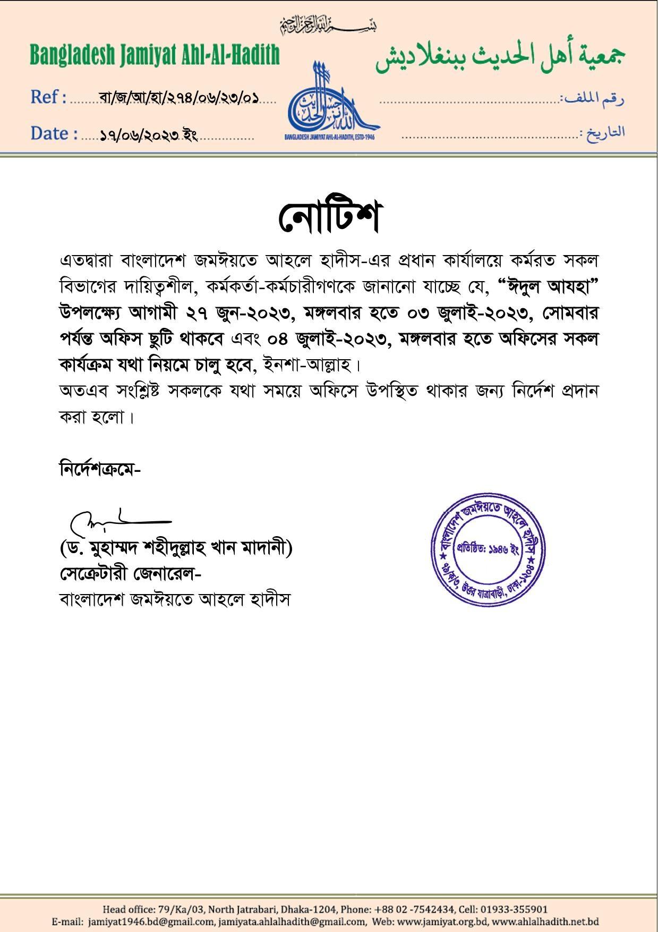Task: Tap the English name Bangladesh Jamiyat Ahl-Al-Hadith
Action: tap(155, 55)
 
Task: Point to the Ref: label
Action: tap(48, 97)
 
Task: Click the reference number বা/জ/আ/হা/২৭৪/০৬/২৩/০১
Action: tap(179, 98)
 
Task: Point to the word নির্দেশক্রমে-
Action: tap(100, 469)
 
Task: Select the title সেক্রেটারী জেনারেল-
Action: tap(130, 573)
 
